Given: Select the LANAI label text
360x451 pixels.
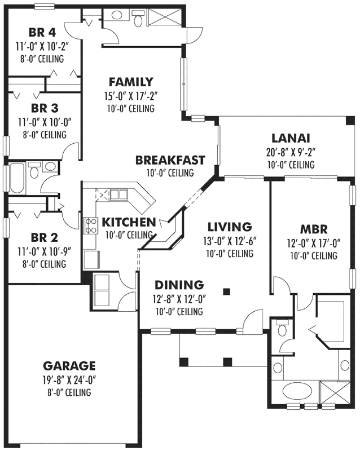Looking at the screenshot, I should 291,138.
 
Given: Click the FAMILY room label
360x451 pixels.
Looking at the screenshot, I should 131,81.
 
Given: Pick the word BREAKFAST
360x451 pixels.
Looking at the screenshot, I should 170,161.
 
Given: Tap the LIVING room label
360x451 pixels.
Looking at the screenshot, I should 229,227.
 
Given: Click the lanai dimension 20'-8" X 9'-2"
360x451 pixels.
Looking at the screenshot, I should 291,152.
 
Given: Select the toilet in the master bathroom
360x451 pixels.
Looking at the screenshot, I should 282,328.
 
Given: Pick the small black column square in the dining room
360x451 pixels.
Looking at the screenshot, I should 227,291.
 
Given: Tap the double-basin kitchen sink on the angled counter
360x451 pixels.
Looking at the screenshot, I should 118,195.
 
